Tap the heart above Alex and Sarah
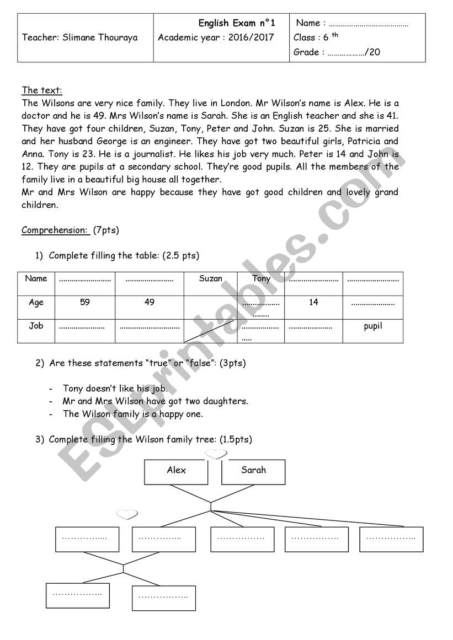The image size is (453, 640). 216,454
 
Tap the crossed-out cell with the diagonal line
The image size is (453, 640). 210,331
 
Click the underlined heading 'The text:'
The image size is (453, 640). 42,90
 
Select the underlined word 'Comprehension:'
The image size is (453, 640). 55,230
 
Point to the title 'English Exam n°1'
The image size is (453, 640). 236,23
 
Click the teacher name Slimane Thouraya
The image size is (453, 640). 80,37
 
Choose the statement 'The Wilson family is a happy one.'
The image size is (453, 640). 133,414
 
